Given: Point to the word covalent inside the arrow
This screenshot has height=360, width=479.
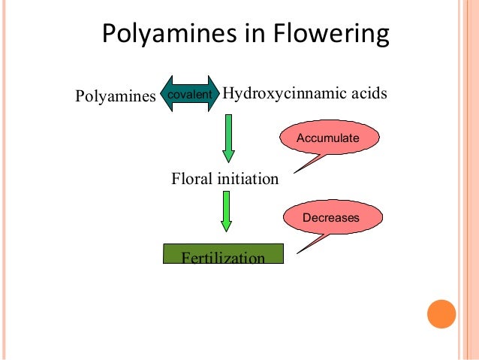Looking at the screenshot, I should pos(188,94).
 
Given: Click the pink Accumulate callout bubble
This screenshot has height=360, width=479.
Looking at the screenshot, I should pos(328,139).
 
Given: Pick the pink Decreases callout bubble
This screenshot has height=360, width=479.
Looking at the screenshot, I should pos(331,218).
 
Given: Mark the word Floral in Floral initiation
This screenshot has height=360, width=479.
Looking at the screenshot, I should pos(193,180).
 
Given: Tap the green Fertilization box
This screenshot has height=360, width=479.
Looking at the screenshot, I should pos(223,254).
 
